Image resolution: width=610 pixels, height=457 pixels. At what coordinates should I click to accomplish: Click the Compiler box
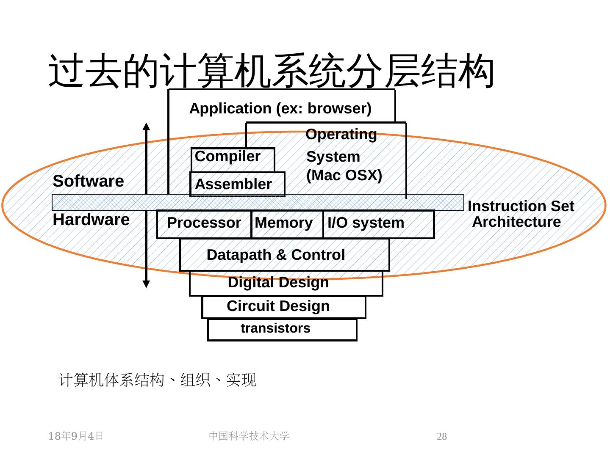(x=233, y=160)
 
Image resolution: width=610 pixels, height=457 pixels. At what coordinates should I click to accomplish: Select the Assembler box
(x=237, y=184)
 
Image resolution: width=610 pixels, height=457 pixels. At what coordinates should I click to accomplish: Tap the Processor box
(x=204, y=224)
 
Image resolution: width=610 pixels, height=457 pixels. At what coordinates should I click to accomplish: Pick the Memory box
(x=287, y=224)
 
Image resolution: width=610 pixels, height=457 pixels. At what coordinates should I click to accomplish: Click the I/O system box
(x=379, y=224)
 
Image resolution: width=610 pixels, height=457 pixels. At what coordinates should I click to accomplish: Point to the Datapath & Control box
(x=284, y=255)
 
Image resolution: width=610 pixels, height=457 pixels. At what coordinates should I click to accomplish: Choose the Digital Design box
(x=286, y=284)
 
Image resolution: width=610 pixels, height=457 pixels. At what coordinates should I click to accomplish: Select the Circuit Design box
(x=284, y=307)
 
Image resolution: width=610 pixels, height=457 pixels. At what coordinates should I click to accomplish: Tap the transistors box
(x=283, y=330)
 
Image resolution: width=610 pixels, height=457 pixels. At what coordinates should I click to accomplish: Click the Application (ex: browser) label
(x=280, y=108)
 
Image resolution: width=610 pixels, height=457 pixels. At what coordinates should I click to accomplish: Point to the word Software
(x=89, y=181)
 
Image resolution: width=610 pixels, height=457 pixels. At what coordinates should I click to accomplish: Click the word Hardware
(x=91, y=220)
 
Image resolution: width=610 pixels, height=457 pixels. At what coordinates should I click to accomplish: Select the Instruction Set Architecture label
(x=521, y=214)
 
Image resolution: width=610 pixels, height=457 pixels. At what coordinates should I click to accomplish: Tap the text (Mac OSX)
(x=344, y=175)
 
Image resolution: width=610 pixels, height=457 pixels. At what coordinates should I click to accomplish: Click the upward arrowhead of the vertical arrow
(x=146, y=126)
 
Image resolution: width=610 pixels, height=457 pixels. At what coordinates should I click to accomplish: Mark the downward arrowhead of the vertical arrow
(x=146, y=284)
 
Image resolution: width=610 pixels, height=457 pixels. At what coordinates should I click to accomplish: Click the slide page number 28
(x=441, y=436)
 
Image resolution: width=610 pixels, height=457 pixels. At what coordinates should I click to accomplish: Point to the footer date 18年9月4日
(x=76, y=436)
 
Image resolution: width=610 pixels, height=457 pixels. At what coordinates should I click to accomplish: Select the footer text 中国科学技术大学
(x=249, y=436)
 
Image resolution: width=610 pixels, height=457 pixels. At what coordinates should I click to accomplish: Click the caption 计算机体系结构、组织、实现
(x=157, y=380)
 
